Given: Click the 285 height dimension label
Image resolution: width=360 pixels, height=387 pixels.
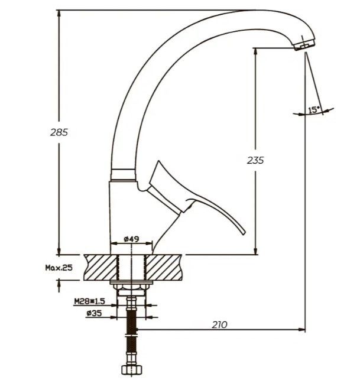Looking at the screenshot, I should (x=59, y=132).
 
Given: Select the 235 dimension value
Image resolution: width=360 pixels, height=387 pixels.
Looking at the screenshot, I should (x=255, y=160).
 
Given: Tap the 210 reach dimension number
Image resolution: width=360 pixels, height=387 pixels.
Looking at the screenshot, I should (x=219, y=324).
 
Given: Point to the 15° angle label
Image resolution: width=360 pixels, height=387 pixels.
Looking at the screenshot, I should (x=313, y=109).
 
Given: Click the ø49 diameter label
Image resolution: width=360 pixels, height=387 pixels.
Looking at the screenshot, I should (x=131, y=239).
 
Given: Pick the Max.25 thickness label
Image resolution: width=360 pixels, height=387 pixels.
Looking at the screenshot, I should (x=59, y=268).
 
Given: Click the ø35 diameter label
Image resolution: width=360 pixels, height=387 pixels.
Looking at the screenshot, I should (x=95, y=313).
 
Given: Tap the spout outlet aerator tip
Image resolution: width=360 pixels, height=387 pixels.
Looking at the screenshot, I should (x=304, y=46).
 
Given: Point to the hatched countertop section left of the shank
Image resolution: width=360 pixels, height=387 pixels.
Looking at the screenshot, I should (x=100, y=267).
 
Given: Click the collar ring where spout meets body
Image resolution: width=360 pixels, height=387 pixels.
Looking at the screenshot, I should (x=122, y=173).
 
